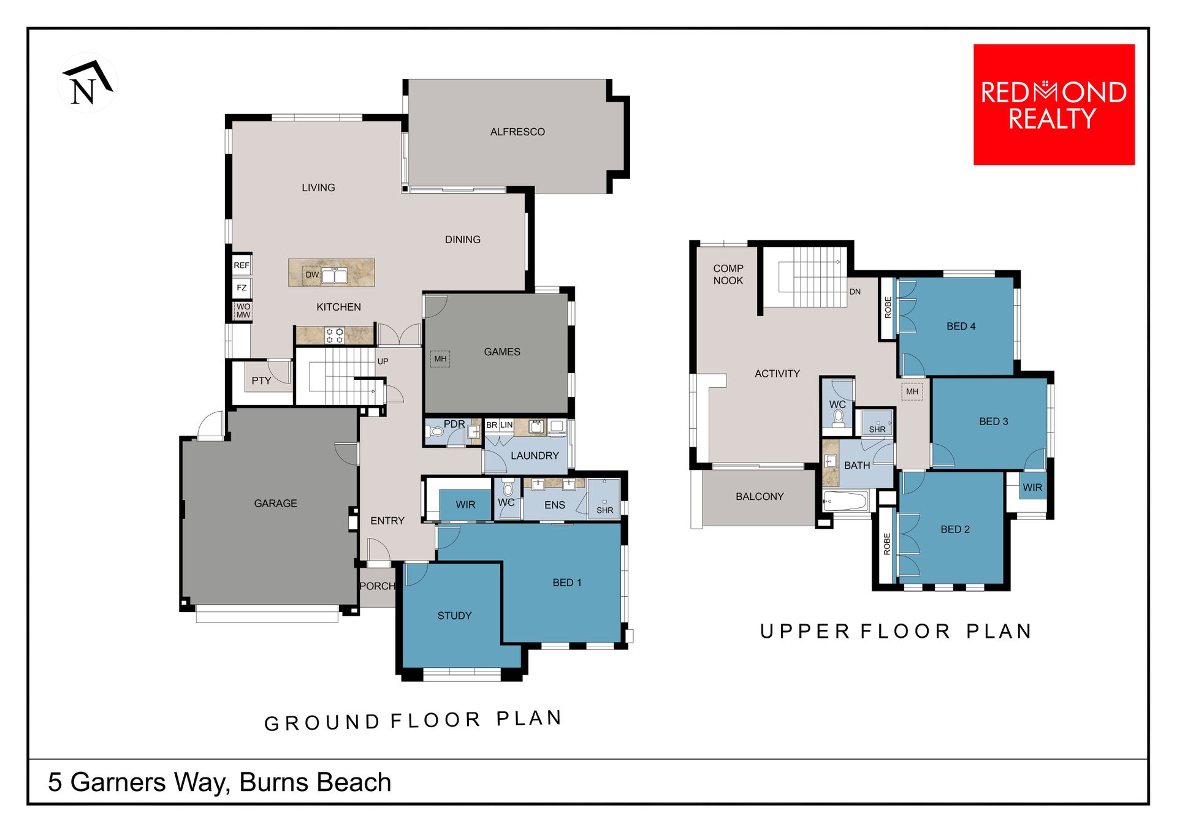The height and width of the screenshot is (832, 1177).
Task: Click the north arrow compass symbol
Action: (x=88, y=83)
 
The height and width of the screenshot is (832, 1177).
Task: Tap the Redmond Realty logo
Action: (x=1054, y=104)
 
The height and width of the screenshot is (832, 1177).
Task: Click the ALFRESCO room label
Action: (x=517, y=132)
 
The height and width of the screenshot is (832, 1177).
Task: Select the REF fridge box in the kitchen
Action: (x=242, y=265)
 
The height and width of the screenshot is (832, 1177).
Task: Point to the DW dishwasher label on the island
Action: (x=312, y=274)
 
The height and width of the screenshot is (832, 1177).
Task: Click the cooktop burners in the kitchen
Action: (x=335, y=335)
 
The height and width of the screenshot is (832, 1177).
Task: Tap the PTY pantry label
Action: (x=261, y=380)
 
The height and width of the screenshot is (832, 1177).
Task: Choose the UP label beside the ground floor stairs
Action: (x=383, y=361)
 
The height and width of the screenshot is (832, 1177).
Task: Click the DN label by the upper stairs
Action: (x=855, y=292)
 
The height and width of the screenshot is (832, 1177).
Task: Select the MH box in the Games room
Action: (x=440, y=359)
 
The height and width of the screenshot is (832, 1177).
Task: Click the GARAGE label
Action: (x=276, y=503)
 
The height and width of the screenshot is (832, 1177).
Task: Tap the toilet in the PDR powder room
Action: (x=435, y=432)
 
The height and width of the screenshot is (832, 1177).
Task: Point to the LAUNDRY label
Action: (x=535, y=456)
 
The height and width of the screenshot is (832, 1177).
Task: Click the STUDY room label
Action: (x=454, y=616)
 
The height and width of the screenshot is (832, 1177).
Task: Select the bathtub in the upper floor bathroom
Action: (x=846, y=501)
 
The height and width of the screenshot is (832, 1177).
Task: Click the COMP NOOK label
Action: (x=728, y=274)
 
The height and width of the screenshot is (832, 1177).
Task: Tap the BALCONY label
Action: (x=760, y=496)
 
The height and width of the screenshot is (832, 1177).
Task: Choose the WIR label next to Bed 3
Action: (x=1032, y=488)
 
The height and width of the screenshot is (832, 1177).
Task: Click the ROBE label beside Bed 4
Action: (x=888, y=308)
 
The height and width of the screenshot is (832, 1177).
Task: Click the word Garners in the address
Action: (x=118, y=782)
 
